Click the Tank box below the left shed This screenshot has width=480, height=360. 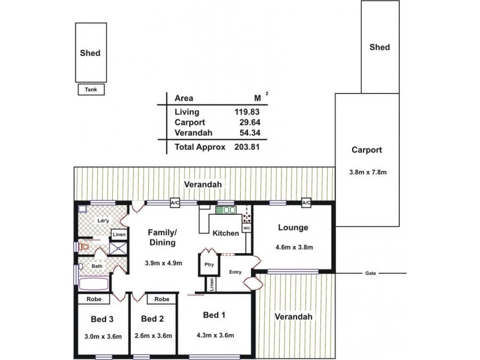click(91, 90)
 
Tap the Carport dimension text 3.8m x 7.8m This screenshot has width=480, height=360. click(368, 172)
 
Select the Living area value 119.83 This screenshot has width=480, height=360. click(246, 112)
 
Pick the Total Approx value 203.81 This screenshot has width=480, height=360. click(246, 146)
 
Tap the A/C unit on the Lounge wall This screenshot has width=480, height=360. click(306, 203)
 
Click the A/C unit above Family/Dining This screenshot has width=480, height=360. click(175, 203)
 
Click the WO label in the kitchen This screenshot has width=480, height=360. click(246, 229)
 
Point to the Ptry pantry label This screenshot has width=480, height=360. click(209, 264)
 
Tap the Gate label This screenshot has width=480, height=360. click(370, 274)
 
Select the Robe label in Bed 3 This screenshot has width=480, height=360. click(93, 298)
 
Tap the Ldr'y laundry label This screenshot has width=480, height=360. click(103, 221)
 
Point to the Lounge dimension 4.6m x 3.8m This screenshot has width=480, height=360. click(293, 247)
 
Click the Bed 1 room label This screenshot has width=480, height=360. click(214, 316)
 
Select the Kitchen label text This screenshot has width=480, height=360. click(226, 233)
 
